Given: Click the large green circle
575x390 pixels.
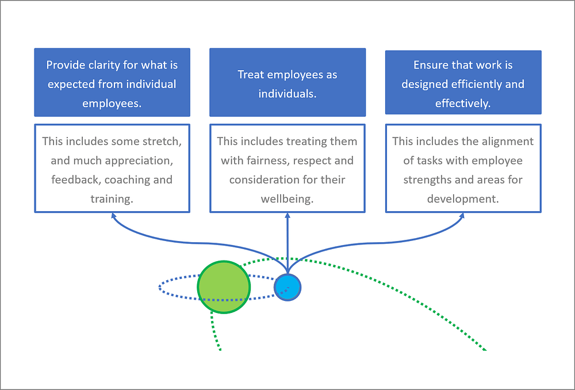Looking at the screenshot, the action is (x=224, y=287).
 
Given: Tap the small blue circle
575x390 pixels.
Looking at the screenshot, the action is (x=287, y=287).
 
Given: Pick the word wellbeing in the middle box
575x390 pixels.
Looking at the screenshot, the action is (x=287, y=199).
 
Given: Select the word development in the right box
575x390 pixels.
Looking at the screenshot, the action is (x=463, y=199).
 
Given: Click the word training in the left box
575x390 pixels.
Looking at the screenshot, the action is (x=112, y=199).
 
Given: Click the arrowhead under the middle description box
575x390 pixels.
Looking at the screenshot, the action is (x=287, y=216).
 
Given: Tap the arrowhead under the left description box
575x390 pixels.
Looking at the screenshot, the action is (x=114, y=216).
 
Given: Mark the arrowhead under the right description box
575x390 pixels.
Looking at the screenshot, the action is (x=462, y=216).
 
